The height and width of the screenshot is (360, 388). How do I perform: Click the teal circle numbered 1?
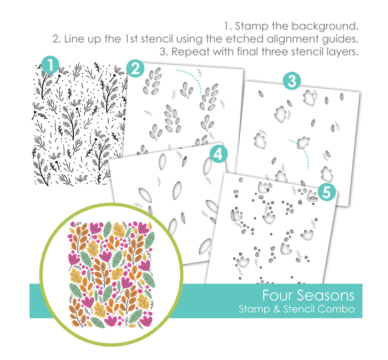click(50, 65)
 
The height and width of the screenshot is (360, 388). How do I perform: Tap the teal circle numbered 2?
click(135, 68)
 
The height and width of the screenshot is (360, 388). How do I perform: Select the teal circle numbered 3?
click(292, 80)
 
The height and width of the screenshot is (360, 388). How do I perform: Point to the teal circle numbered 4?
click(219, 154)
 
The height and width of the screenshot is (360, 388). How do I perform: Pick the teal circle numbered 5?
click(326, 191)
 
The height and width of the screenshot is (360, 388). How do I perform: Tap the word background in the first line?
click(325, 27)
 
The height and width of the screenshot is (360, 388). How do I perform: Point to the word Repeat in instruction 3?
click(190, 52)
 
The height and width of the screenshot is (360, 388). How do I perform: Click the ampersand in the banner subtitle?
click(276, 310)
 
